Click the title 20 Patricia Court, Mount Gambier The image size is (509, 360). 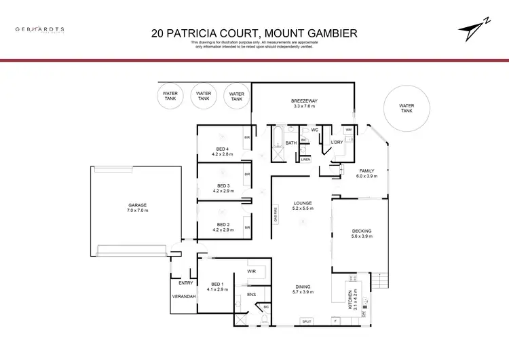pos(254,33)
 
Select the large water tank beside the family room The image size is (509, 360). pos(406,109)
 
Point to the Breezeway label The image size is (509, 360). pos(304,103)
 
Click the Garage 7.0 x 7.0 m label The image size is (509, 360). pos(138,208)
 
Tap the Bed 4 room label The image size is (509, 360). pos(223,151)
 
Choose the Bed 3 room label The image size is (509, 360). pos(223,188)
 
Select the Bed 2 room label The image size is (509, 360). pos(223,228)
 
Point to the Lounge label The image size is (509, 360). pos(302,206)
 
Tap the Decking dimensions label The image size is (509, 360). pos(361,234)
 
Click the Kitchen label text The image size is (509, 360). pos(351,300)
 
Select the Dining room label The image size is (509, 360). pos(302,289)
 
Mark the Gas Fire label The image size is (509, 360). pos(276,215)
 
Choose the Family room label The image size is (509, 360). pos(366,173)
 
